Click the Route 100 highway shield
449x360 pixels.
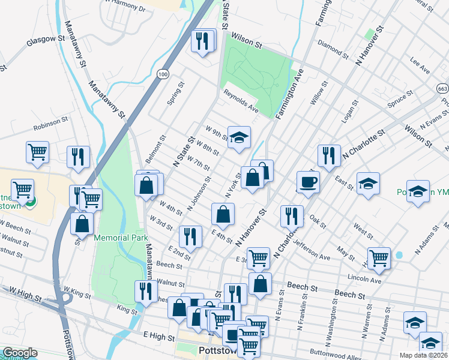click(162, 74)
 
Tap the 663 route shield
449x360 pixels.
click(443, 88)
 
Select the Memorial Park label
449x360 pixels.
click(120, 238)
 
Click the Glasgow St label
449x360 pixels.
click(45, 40)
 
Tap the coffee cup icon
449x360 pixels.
click(309, 182)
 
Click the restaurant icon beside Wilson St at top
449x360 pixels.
click(202, 41)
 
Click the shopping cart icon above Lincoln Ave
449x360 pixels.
click(379, 259)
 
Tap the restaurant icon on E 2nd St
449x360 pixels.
click(190, 236)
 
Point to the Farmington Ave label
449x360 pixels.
click(290, 94)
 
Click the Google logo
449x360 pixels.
click(20, 353)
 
